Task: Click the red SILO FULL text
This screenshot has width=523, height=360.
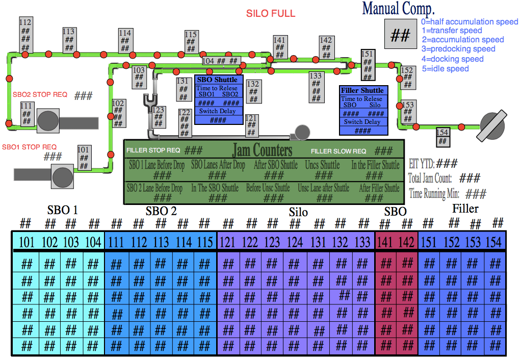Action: (x=271, y=14)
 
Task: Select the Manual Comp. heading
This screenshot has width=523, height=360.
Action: (x=398, y=8)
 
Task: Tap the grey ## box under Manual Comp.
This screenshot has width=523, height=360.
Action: (x=400, y=35)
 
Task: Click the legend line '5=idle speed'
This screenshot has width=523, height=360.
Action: (x=445, y=68)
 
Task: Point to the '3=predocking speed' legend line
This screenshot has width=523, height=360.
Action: (x=458, y=49)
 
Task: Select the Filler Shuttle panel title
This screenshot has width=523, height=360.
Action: (x=362, y=90)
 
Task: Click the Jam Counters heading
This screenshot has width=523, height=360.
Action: (x=262, y=150)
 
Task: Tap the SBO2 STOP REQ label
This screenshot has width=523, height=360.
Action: (x=40, y=95)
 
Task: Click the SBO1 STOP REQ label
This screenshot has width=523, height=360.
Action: (x=29, y=147)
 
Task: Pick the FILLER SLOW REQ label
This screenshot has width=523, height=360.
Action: (x=338, y=151)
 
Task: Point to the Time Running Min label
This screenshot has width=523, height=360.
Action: (x=435, y=194)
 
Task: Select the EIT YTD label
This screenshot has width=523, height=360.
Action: (x=422, y=164)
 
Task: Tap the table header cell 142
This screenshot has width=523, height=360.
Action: (x=406, y=242)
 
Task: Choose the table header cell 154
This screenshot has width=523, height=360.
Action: (x=493, y=242)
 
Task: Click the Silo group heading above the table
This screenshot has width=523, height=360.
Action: (x=298, y=212)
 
